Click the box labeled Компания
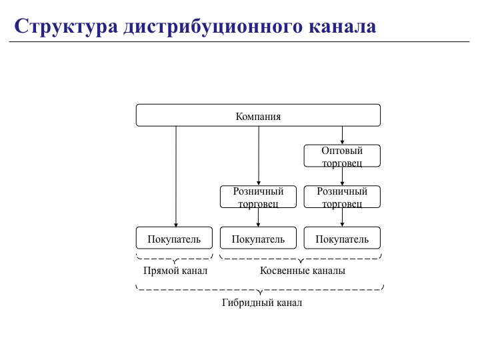pyautogui.click(x=258, y=115)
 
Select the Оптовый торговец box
pyautogui.click(x=342, y=156)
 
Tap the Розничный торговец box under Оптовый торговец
pyautogui.click(x=342, y=197)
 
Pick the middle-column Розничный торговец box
pyautogui.click(x=258, y=197)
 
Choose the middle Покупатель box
pyautogui.click(x=258, y=239)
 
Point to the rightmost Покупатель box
pyautogui.click(x=342, y=239)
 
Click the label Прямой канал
pyautogui.click(x=175, y=271)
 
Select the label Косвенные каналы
pyautogui.click(x=302, y=271)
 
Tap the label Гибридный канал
pyautogui.click(x=261, y=303)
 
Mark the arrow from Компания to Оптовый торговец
pyautogui.click(x=342, y=135)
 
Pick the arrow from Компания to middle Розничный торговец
pyautogui.click(x=259, y=156)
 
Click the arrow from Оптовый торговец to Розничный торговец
pyautogui.click(x=342, y=176)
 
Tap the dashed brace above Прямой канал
pyautogui.click(x=175, y=257)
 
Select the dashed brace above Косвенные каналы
pyautogui.click(x=301, y=257)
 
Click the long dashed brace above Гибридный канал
pyautogui.click(x=259, y=289)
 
